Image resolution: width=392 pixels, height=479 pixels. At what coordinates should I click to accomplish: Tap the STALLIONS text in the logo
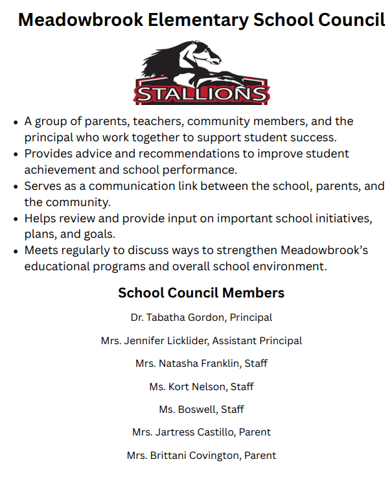coord(201,94)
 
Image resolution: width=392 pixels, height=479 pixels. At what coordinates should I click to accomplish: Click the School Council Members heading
coord(201,293)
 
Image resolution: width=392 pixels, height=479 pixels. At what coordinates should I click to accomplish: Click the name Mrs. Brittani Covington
coord(183,455)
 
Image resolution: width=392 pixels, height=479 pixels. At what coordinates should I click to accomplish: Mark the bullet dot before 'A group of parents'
coord(16,122)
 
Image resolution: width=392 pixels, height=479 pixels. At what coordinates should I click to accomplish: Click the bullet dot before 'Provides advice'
coord(16,154)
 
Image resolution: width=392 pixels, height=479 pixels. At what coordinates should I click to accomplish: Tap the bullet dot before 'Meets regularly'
coord(16,251)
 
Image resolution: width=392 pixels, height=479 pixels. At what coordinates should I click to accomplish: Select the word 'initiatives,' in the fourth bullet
coord(338,218)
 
